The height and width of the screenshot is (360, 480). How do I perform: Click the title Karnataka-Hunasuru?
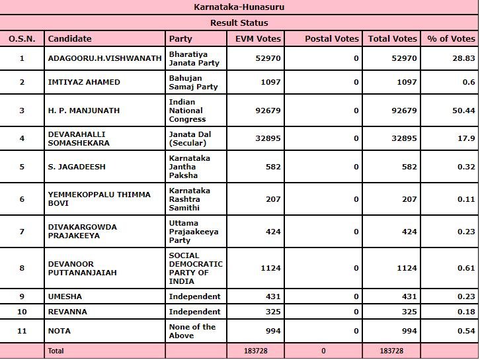239,7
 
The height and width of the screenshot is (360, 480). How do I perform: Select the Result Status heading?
239,22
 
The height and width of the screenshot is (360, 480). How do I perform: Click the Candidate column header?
70,39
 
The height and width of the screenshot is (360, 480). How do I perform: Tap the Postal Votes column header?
331,39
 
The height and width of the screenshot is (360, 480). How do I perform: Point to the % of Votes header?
451,39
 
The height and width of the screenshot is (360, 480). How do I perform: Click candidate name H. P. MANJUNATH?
84,111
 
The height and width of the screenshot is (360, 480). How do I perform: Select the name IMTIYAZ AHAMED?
84,82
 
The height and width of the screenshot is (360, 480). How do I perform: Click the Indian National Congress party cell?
188,111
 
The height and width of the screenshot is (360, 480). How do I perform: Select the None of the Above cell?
192,331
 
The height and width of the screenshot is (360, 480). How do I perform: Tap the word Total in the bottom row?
56,351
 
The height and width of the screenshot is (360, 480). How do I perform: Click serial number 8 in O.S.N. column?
22,268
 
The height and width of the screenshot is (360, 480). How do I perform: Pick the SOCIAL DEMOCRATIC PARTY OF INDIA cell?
195,268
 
